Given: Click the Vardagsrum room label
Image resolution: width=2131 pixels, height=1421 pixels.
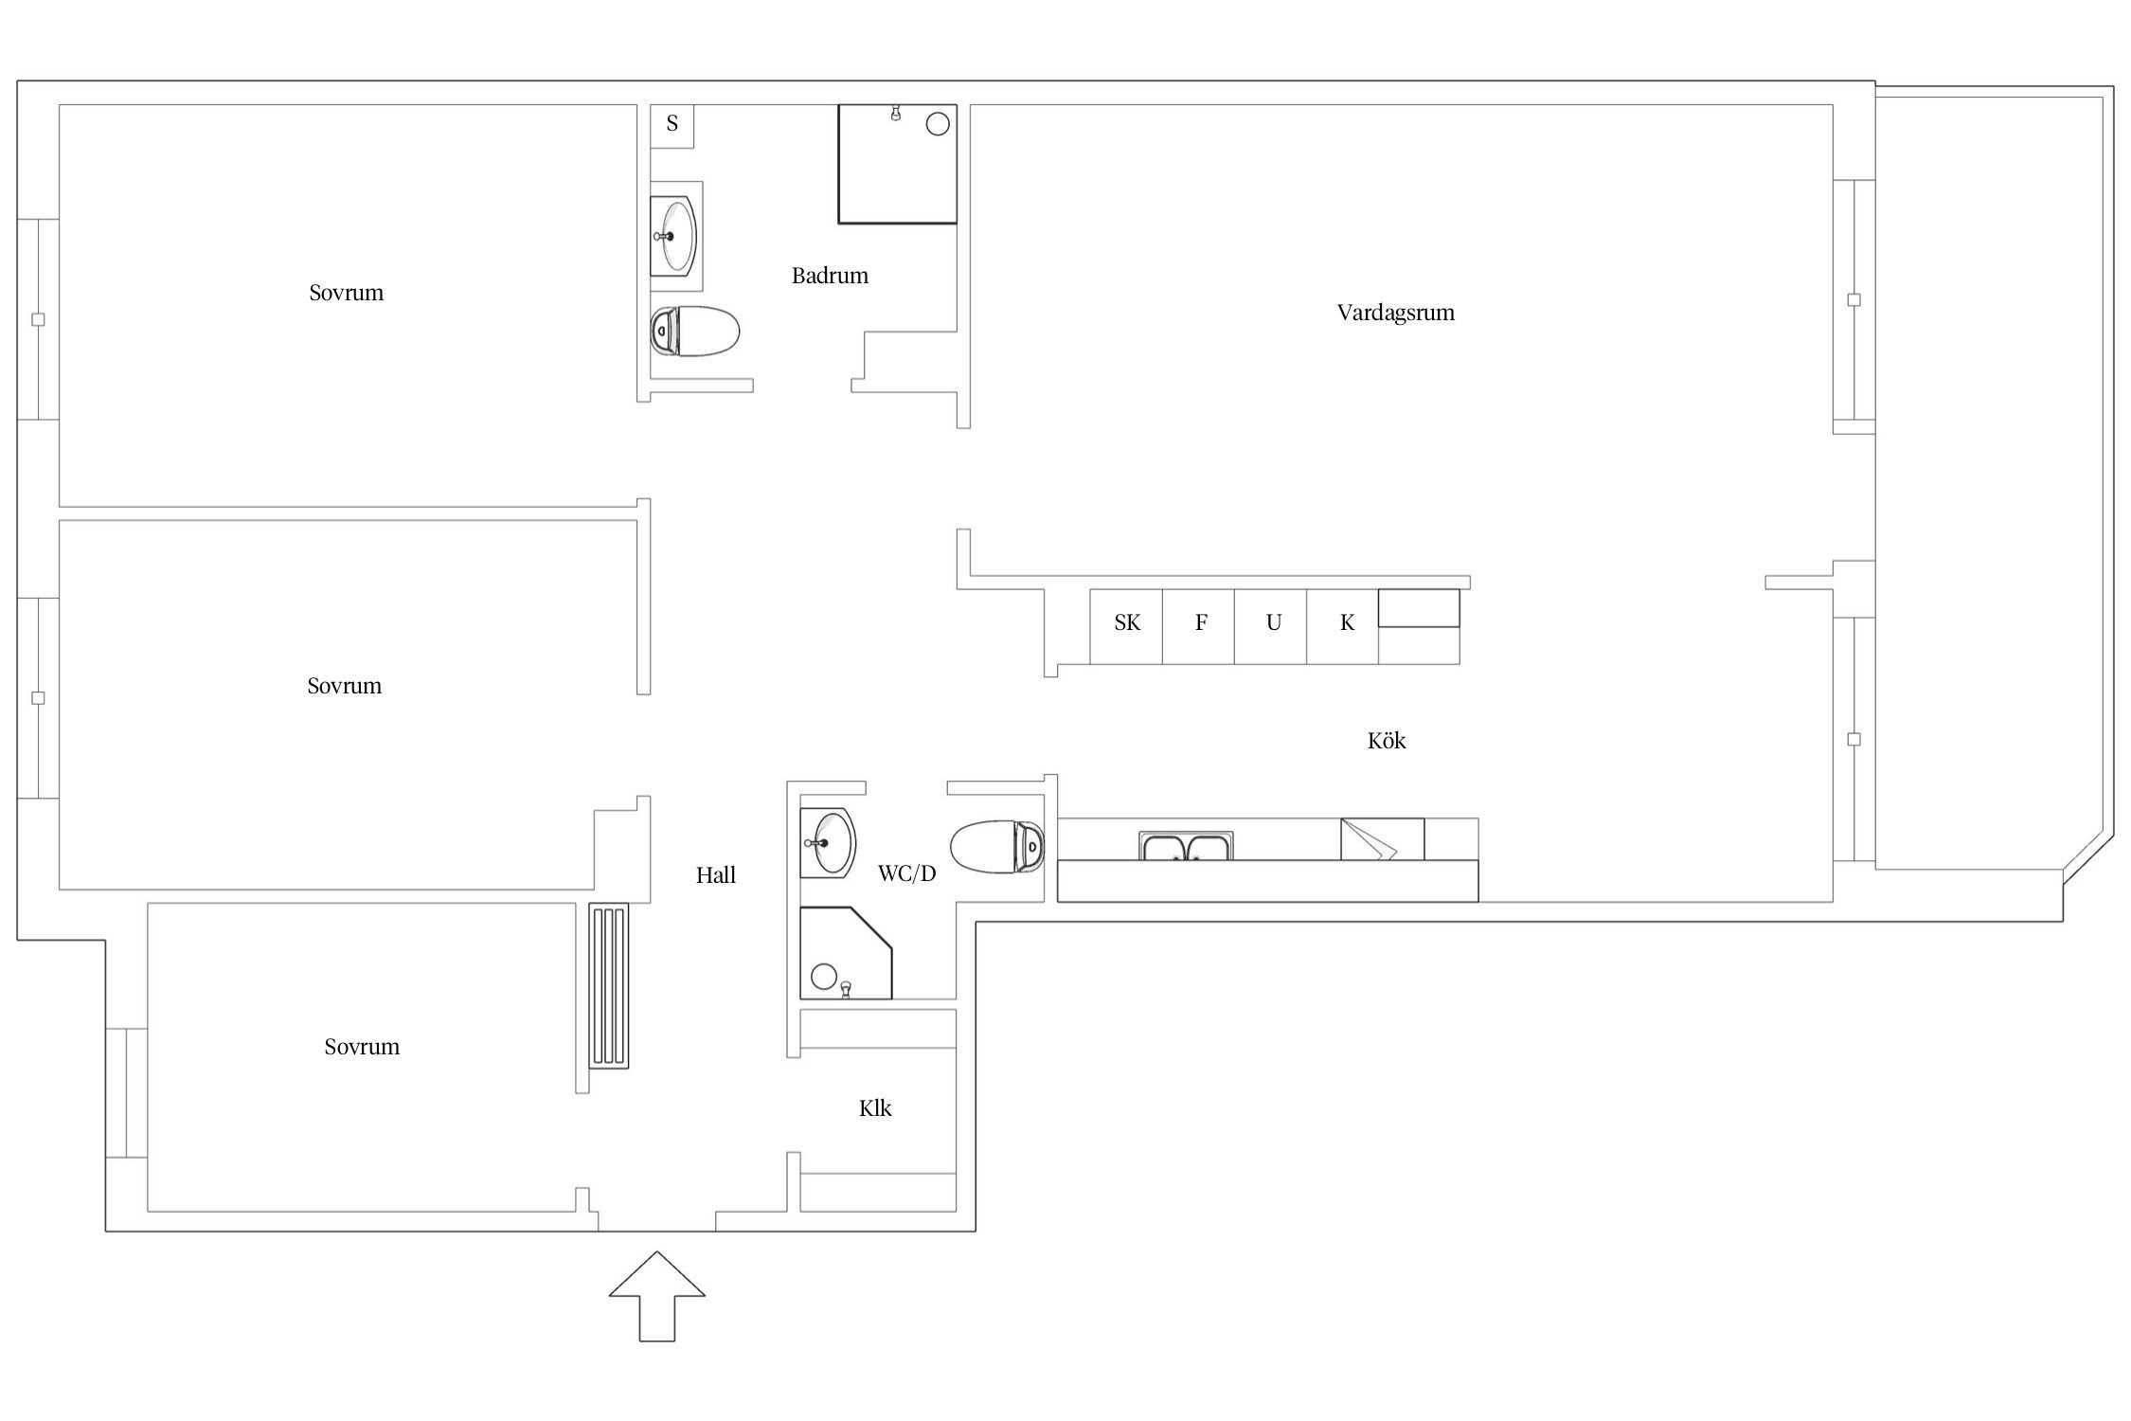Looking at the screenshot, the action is point(1395,313).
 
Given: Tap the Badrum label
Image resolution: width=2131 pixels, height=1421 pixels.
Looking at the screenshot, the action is point(830,276).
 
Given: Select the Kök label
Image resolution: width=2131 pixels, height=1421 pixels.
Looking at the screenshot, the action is point(1387,740).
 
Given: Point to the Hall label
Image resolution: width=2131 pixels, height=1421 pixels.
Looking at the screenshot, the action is point(716,875).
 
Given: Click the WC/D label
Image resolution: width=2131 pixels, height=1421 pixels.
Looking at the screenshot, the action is point(907,873).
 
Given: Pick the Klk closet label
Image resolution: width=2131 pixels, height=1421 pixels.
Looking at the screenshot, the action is point(875,1108).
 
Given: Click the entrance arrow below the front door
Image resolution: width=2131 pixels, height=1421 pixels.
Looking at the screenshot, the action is point(656,1296).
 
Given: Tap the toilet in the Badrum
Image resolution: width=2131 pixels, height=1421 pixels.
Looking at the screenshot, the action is point(694,332).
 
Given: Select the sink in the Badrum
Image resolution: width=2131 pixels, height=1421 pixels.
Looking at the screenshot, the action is point(673,237).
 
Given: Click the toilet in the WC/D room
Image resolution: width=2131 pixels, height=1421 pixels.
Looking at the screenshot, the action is point(997,847).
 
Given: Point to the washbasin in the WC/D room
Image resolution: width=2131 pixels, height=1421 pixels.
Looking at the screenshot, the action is point(828,842).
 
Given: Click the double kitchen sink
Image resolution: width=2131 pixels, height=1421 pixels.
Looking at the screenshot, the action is point(1186,846).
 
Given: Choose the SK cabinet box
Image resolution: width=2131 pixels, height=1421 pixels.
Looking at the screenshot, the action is point(1126,627).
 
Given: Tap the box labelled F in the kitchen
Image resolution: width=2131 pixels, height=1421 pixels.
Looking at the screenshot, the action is point(1199,627).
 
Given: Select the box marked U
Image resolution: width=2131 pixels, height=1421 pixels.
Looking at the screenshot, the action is point(1271,627).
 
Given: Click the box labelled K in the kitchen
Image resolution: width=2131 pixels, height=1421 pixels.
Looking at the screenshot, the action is point(1343,627).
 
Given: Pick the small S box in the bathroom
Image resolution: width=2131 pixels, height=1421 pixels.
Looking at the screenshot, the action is point(672,126).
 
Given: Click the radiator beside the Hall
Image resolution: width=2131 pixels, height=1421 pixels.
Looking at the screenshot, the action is point(609,986).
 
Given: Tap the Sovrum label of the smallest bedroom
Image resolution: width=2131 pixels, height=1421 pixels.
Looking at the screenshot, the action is point(362,1047).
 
